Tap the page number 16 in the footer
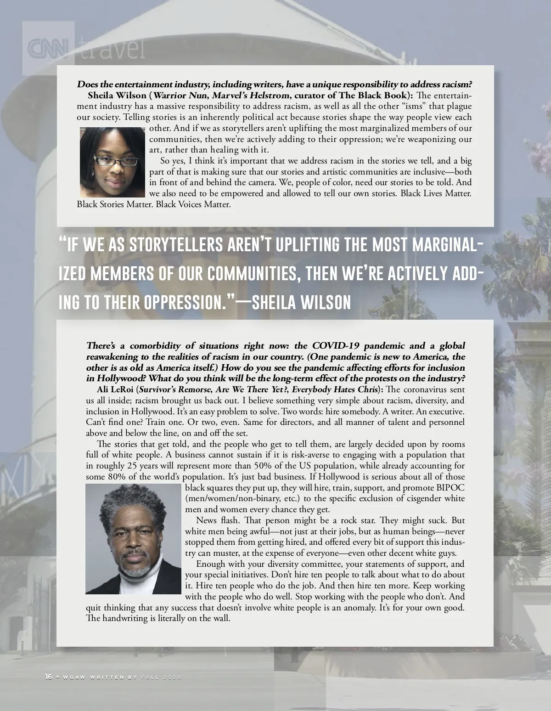coord(48,677)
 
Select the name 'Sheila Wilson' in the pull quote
coord(302,302)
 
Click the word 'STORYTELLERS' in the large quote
coord(177,244)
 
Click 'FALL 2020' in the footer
coord(162,678)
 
